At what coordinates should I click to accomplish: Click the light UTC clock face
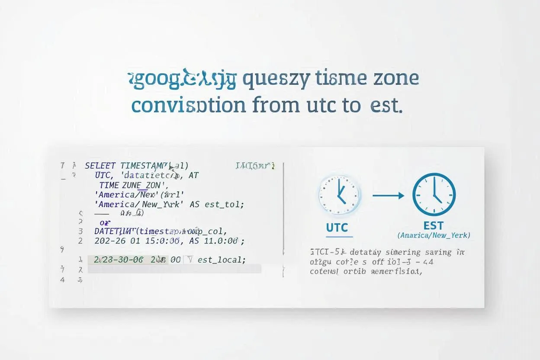340,195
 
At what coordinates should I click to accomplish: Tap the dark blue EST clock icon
434,195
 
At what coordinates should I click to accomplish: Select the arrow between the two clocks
388,196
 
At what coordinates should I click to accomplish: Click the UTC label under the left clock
337,228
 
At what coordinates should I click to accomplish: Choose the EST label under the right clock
434,225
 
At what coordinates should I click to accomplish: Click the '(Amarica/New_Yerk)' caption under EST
434,235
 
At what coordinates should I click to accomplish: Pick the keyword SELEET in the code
100,166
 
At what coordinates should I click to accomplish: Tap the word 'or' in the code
105,222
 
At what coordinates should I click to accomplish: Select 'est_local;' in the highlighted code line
222,260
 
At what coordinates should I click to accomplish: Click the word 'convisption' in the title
189,105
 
